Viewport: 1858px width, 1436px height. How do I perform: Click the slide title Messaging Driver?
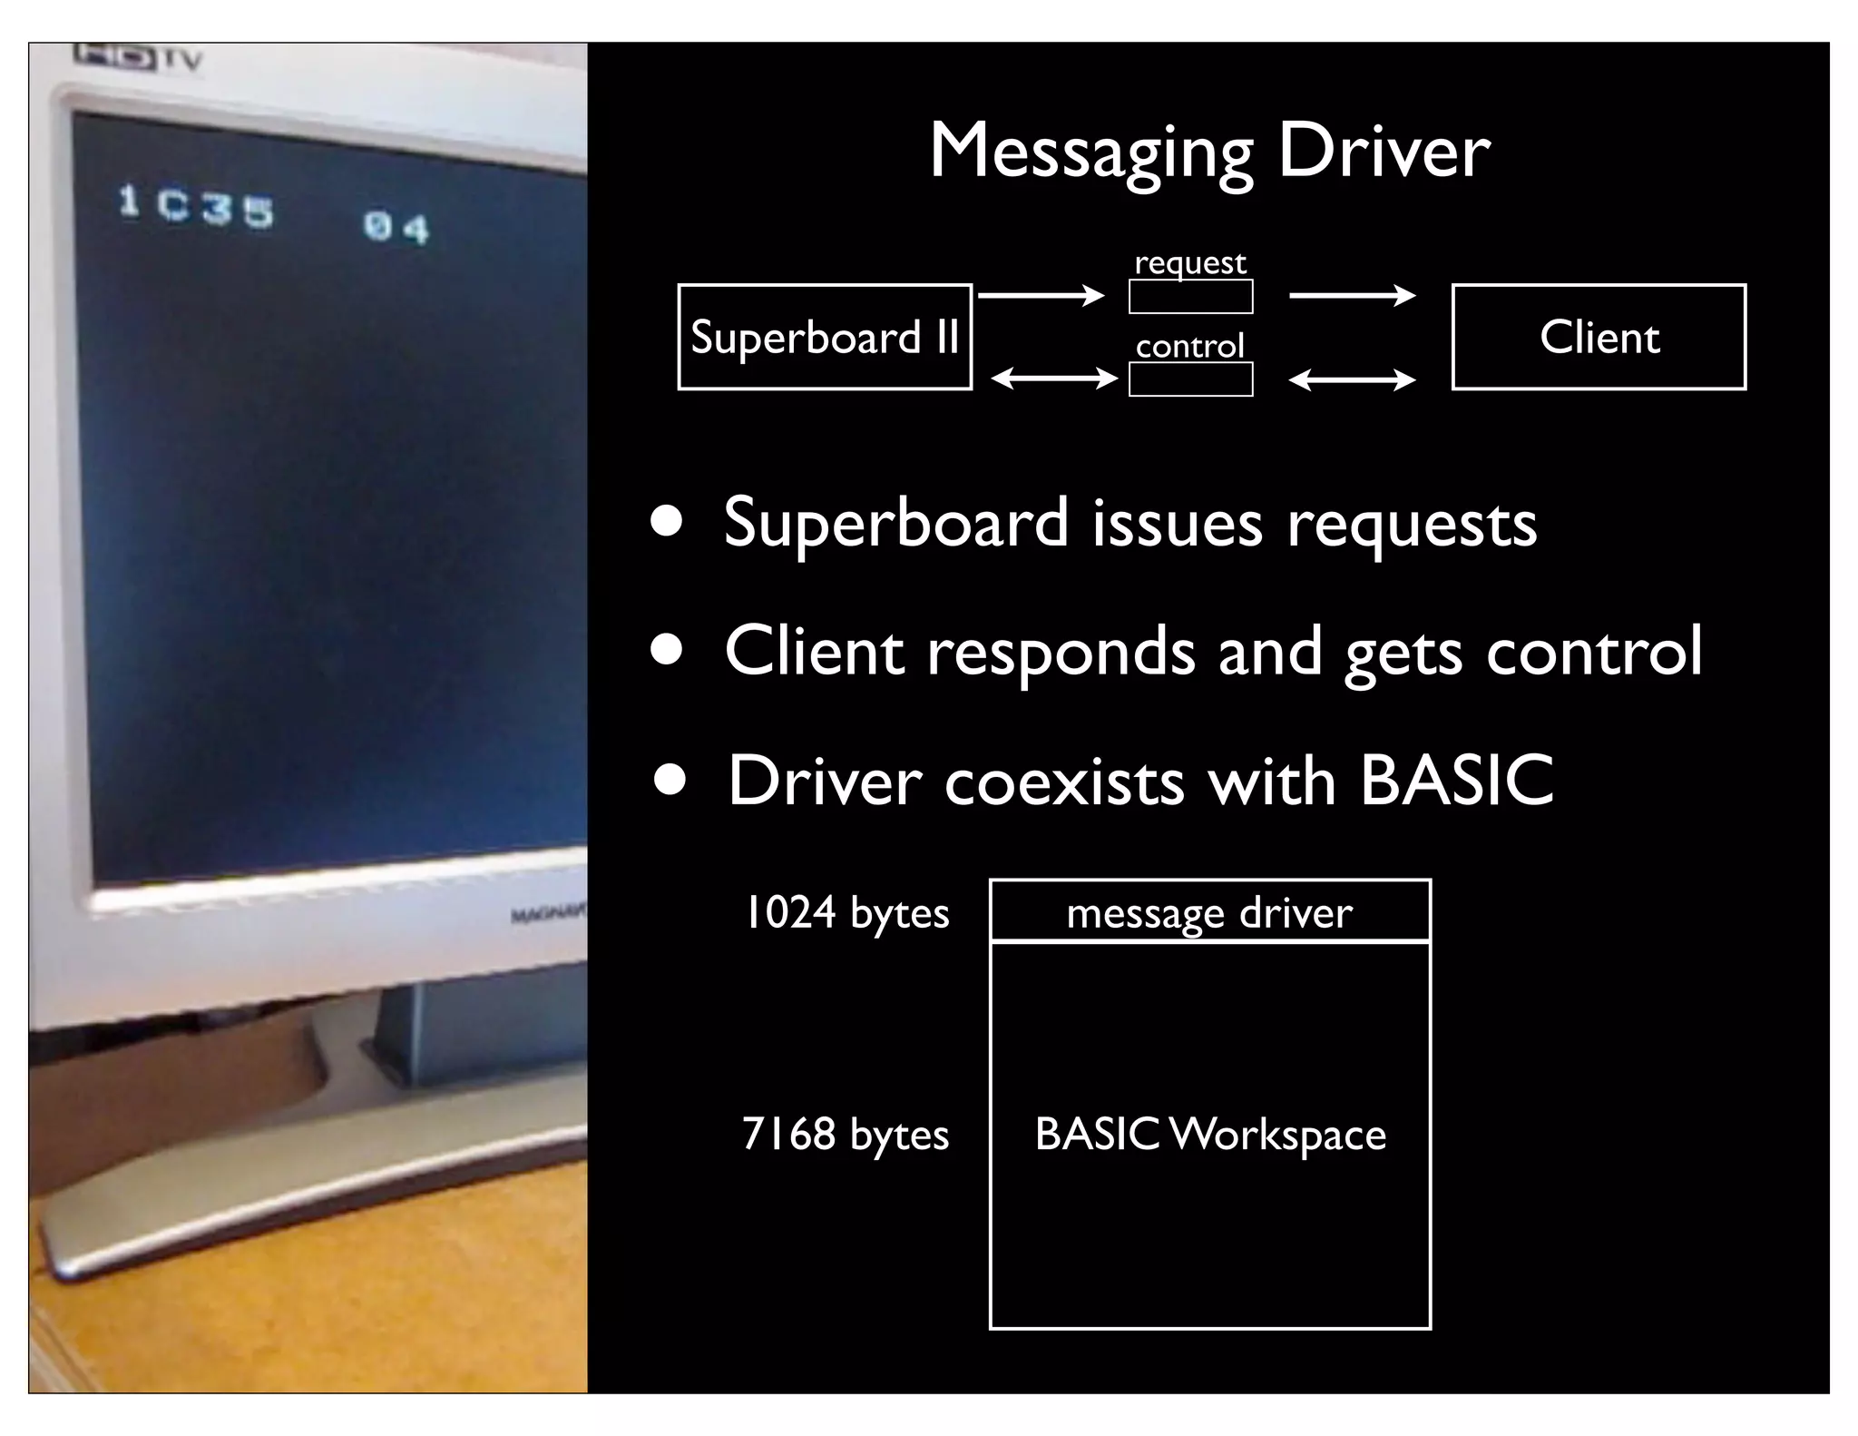point(1208,152)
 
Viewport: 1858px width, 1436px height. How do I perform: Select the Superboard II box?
point(824,337)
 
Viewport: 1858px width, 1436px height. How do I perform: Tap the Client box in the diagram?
point(1599,337)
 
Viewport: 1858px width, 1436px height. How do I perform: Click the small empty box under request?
point(1190,297)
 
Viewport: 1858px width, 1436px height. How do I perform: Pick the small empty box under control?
point(1190,379)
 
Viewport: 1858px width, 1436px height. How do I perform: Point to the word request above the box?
point(1190,263)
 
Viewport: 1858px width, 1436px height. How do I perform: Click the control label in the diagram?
point(1190,346)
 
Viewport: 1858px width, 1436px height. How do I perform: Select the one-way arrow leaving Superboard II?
point(1041,295)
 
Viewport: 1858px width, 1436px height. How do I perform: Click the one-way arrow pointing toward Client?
point(1352,295)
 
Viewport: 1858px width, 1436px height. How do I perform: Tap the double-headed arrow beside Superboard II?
point(1054,379)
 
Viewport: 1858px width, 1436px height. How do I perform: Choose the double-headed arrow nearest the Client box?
point(1352,379)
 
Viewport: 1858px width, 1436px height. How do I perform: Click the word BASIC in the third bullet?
point(1457,780)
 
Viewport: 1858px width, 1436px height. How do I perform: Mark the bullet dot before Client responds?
point(667,651)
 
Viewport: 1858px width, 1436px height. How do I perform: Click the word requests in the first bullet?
point(1412,524)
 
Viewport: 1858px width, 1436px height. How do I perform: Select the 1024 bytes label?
point(846,912)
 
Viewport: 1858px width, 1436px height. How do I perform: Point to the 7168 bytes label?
point(845,1134)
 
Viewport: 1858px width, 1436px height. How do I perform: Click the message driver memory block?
point(1209,912)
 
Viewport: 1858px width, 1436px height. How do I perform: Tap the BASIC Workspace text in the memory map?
point(1210,1134)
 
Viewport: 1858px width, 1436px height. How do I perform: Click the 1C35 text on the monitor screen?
point(196,206)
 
